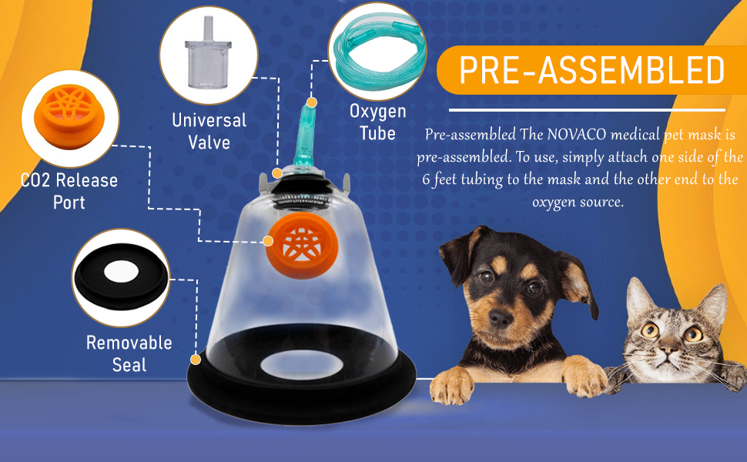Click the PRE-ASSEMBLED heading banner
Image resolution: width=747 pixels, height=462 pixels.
[x=591, y=71]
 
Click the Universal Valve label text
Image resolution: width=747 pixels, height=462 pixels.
[x=209, y=132]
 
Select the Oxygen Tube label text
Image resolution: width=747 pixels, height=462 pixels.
[x=377, y=122]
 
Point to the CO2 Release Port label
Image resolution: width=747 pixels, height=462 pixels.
[x=69, y=192]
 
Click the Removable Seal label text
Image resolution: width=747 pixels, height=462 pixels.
[x=129, y=353]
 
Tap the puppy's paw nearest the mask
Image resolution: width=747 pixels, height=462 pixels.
[x=454, y=382]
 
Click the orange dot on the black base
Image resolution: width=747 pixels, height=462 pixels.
[x=196, y=359]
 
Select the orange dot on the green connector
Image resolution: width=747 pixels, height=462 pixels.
[x=312, y=102]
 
